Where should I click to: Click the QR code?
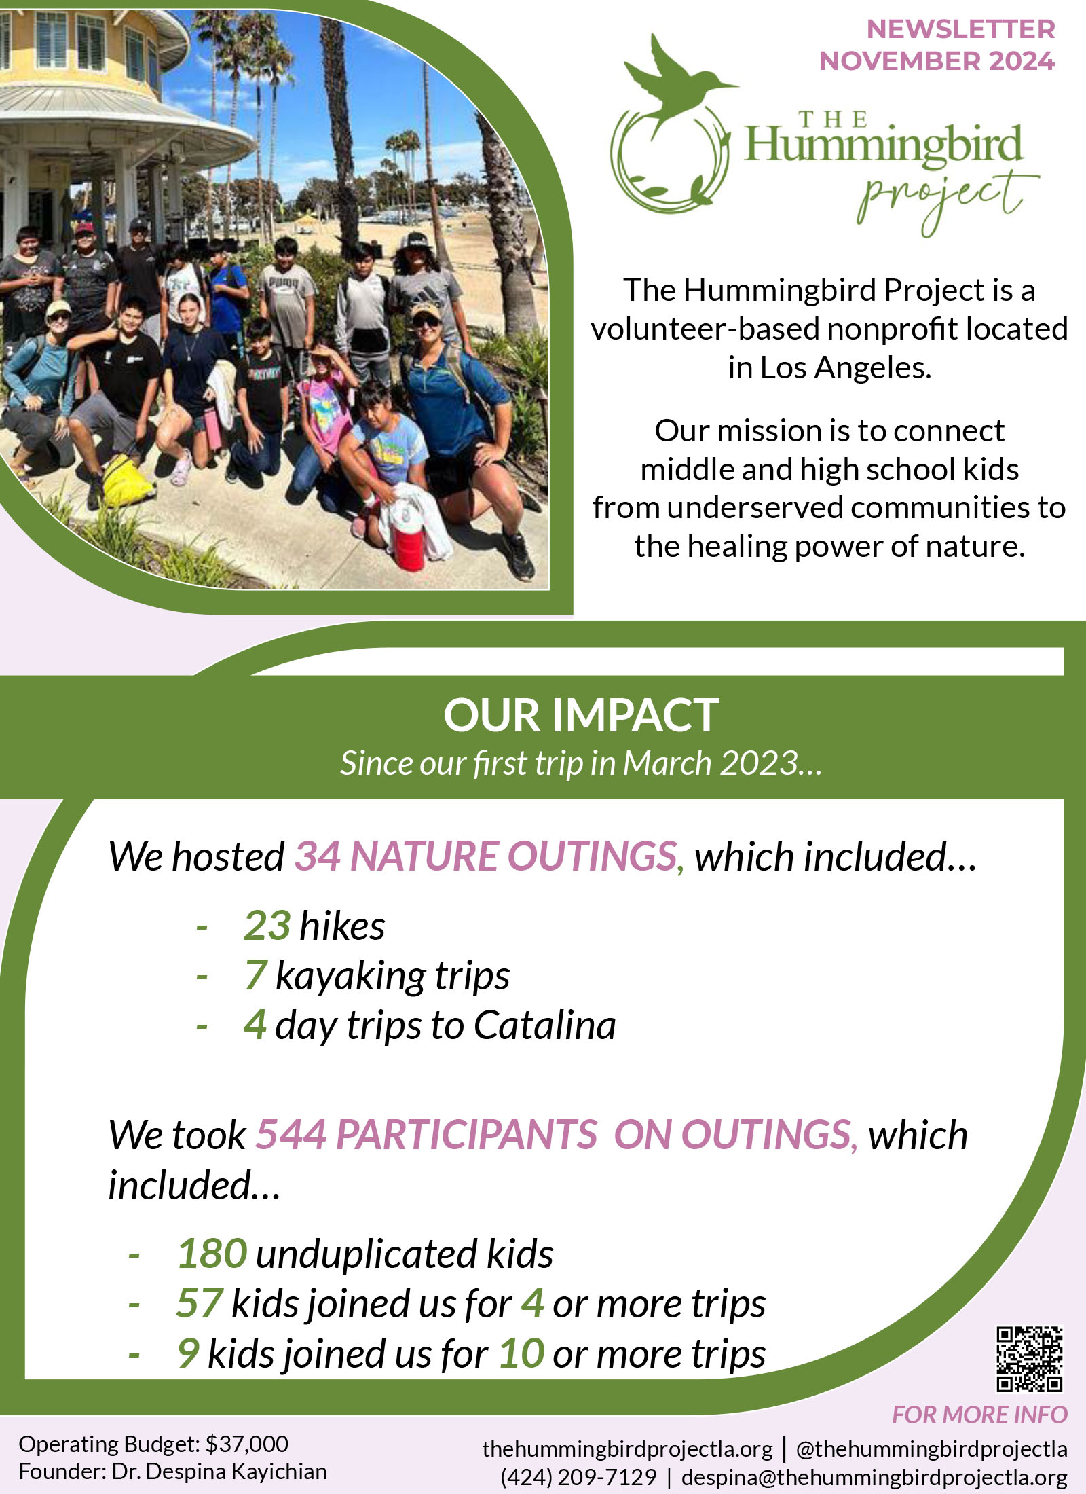[x=1030, y=1359]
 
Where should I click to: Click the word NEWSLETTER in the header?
[x=960, y=29]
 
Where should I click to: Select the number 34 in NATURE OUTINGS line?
[x=317, y=856]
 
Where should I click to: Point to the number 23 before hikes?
[x=267, y=926]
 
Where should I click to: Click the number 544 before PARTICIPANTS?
[x=291, y=1135]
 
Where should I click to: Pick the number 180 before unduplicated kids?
[x=212, y=1254]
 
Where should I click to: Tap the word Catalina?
[x=545, y=1025]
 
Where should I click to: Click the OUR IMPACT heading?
[x=581, y=715]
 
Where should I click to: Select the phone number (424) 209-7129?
[x=578, y=1477]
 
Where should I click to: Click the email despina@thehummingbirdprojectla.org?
[x=874, y=1477]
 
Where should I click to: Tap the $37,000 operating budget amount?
[x=247, y=1444]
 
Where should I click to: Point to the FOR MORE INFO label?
[x=979, y=1415]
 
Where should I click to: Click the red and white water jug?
[x=409, y=536]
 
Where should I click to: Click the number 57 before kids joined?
[x=199, y=1303]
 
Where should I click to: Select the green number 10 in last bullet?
[x=521, y=1353]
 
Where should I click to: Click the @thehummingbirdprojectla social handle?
[x=932, y=1449]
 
